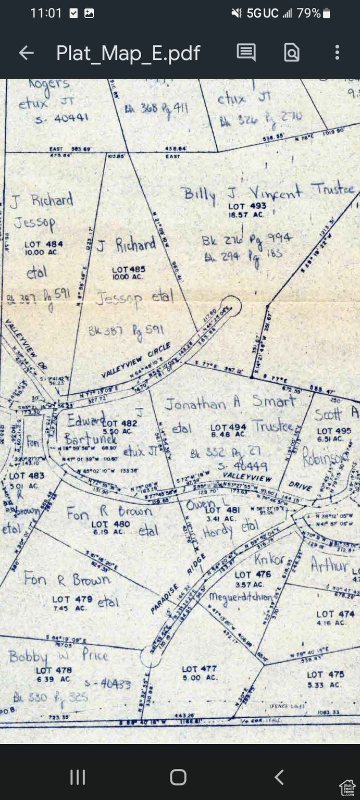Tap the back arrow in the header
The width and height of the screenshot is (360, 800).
pyautogui.click(x=26, y=53)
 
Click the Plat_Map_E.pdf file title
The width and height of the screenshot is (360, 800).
pyautogui.click(x=128, y=53)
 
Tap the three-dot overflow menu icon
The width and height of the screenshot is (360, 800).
pyautogui.click(x=337, y=52)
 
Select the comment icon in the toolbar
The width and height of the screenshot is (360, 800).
pyautogui.click(x=246, y=52)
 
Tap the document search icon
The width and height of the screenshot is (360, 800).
pyautogui.click(x=292, y=52)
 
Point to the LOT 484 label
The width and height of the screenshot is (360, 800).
pyautogui.click(x=44, y=244)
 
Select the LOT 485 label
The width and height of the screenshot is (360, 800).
pyautogui.click(x=129, y=270)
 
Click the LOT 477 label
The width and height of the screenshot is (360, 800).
pyautogui.click(x=199, y=669)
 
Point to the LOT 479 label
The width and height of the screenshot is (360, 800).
pyautogui.click(x=72, y=599)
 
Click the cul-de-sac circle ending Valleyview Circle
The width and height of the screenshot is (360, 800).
pyautogui.click(x=230, y=306)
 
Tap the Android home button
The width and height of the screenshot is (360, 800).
pyautogui.click(x=178, y=777)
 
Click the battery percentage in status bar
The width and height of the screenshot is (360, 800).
pyautogui.click(x=308, y=14)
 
